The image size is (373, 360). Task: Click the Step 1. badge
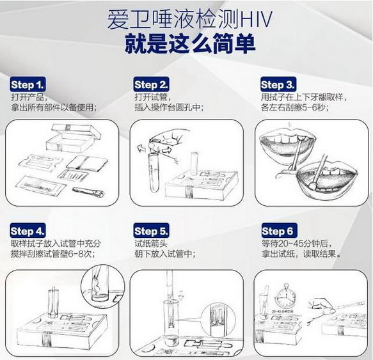coord(28,84)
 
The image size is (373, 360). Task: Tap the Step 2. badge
coord(151,84)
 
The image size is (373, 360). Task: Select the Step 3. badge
coord(278,84)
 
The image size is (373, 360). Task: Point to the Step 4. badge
coord(28,231)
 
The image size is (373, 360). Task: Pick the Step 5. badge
coord(151,231)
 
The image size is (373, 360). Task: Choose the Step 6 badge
coord(280,231)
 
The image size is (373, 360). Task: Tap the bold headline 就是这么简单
coord(189,43)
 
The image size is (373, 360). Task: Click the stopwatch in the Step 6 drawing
coord(286,297)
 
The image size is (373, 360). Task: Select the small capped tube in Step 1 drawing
coord(88,192)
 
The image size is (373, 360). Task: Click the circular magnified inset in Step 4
coord(102,286)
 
